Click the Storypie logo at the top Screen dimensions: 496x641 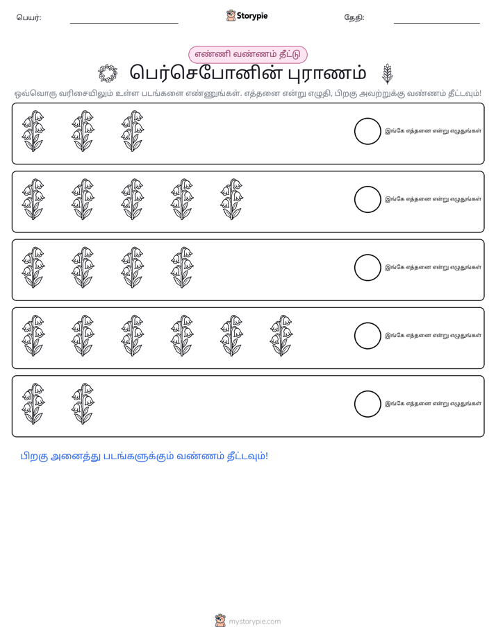247,16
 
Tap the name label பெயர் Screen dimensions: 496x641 28,17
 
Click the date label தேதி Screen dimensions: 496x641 354,17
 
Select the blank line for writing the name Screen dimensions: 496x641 124,24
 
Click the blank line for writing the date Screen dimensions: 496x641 437,24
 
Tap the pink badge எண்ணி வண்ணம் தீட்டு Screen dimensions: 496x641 247,54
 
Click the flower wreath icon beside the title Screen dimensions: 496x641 108,74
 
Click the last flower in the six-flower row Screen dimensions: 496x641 281,336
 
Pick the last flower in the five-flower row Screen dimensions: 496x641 231,199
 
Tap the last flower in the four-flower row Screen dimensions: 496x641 182,267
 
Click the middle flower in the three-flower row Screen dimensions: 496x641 83,131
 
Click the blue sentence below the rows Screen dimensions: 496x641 144,456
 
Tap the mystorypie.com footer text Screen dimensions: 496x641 254,622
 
